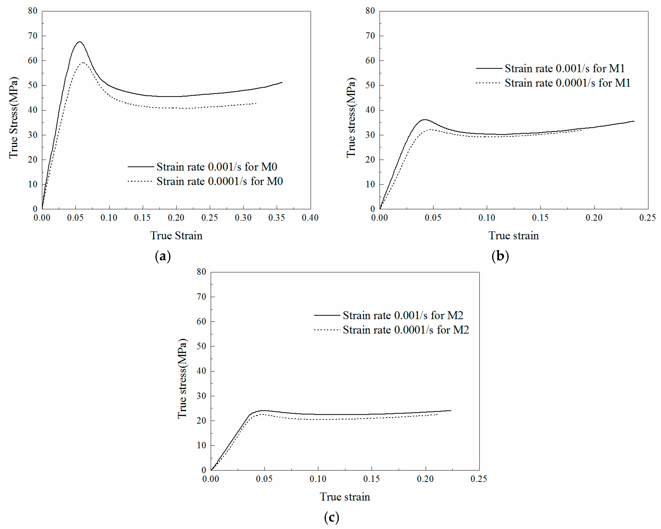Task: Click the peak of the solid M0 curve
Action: pyautogui.click(x=80, y=42)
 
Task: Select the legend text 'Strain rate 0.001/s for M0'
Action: pyautogui.click(x=217, y=167)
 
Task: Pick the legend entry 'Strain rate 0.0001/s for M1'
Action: pyautogui.click(x=567, y=83)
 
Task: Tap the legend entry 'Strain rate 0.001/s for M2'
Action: pyautogui.click(x=403, y=315)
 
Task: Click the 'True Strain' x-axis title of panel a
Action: pyautogui.click(x=176, y=235)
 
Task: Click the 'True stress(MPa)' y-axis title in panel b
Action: pyautogui.click(x=351, y=118)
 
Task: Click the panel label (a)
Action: pyautogui.click(x=163, y=256)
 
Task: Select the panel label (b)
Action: pyautogui.click(x=500, y=256)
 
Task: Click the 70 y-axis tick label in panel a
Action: pyautogui.click(x=33, y=36)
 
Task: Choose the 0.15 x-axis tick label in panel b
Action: pyautogui.click(x=540, y=218)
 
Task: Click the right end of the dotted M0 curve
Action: pyautogui.click(x=256, y=103)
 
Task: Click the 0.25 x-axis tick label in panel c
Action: pyautogui.click(x=479, y=479)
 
